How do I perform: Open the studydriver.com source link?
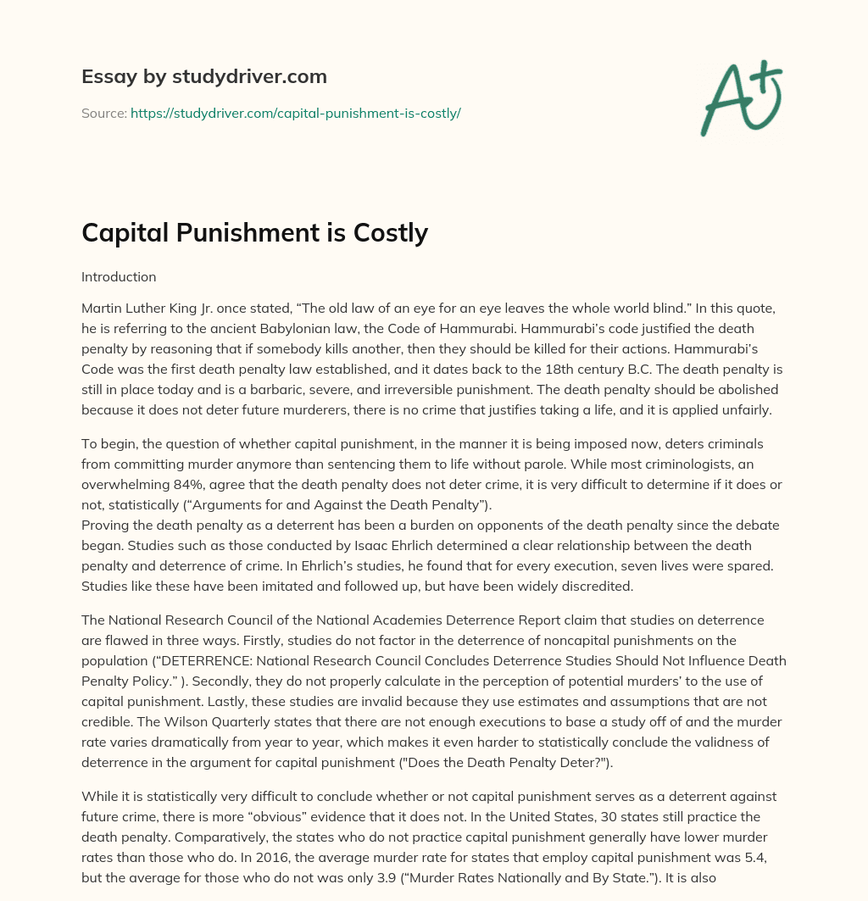tap(295, 113)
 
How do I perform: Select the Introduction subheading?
tap(119, 277)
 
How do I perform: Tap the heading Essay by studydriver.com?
tap(204, 76)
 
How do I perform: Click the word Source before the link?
tap(103, 113)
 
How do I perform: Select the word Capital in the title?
tap(124, 232)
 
